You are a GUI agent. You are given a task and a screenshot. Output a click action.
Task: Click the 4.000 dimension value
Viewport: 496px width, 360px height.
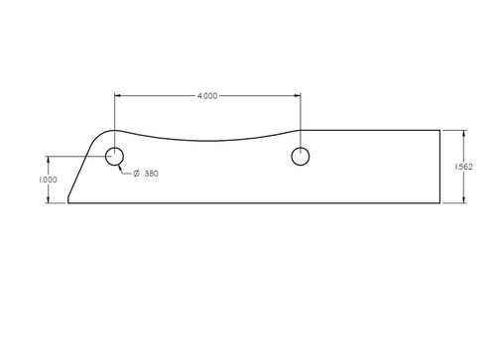[207, 96]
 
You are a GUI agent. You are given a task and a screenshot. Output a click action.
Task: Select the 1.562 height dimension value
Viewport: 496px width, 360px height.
[464, 167]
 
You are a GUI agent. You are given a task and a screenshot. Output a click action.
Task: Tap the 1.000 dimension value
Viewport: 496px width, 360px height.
[48, 180]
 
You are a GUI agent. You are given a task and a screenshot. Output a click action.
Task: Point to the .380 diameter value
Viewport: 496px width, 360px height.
[151, 174]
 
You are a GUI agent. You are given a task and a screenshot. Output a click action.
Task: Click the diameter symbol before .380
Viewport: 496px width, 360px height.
[137, 174]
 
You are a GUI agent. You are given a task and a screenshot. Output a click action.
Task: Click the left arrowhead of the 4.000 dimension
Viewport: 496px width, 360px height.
[117, 96]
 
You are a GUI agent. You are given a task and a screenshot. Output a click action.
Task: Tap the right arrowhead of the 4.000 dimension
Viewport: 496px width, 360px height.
[298, 96]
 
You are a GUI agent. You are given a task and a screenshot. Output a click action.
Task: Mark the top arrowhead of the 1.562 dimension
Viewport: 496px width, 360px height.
[464, 133]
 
